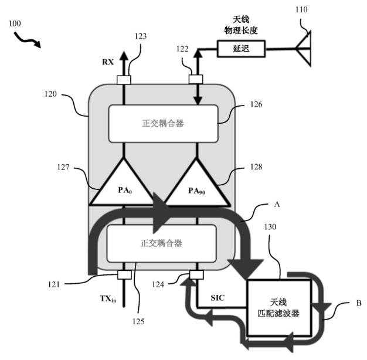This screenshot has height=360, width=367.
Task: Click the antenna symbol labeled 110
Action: click(x=304, y=49)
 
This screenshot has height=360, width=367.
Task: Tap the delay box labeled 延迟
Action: click(x=241, y=49)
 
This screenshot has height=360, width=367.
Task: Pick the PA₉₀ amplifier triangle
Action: click(x=196, y=182)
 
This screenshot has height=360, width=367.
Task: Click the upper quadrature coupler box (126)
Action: click(x=164, y=124)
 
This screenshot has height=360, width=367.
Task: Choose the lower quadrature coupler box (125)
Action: click(x=161, y=243)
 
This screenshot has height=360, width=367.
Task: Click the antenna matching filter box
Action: click(x=278, y=308)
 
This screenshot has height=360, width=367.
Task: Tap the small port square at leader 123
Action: click(x=124, y=80)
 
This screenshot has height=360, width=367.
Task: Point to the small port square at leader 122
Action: click(x=196, y=79)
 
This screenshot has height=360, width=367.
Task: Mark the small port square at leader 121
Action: click(x=124, y=275)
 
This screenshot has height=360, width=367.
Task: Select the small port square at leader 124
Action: click(x=196, y=275)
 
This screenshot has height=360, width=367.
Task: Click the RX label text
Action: click(x=108, y=62)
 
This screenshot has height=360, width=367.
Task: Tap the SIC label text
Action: click(x=218, y=298)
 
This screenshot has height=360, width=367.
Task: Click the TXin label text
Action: click(x=108, y=298)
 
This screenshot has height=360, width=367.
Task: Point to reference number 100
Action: click(x=15, y=23)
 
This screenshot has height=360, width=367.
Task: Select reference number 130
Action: click(x=270, y=227)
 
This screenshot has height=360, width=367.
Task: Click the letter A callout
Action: click(x=277, y=205)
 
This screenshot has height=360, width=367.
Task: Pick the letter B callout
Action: click(x=359, y=303)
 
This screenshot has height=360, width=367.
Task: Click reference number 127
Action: click(x=63, y=167)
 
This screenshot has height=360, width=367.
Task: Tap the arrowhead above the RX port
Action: click(x=124, y=56)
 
